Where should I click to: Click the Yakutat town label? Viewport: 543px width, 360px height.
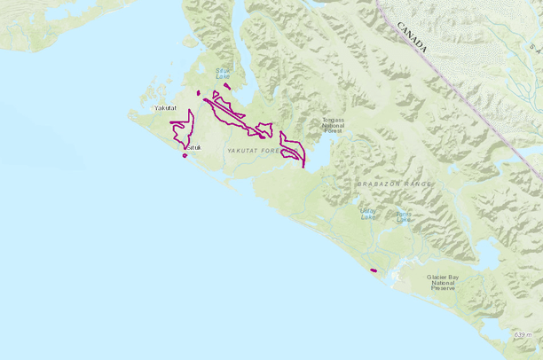tap(166, 108)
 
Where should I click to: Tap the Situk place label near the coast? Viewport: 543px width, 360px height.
tap(193, 147)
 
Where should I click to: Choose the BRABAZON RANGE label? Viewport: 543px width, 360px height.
tap(394, 184)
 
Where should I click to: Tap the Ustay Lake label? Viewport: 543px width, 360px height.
tap(367, 213)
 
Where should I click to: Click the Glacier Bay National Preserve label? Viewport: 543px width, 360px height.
tap(443, 282)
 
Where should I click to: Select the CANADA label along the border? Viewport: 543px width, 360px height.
tap(412, 37)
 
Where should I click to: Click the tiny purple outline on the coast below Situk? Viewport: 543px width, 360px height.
tap(185, 156)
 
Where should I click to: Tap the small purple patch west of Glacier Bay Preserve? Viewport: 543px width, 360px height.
tap(374, 270)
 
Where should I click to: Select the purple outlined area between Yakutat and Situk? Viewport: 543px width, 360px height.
tap(184, 130)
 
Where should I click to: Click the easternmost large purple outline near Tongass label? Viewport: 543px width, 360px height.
tap(293, 149)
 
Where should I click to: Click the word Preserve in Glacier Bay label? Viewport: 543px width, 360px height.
tap(443, 288)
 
